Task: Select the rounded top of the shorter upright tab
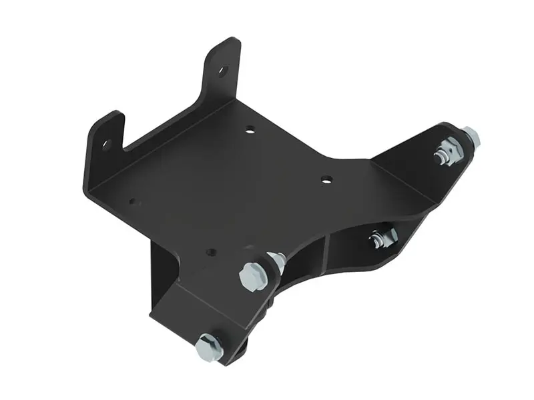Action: tap(110, 118)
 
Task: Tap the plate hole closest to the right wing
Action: tap(326, 179)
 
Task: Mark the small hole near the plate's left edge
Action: tap(133, 201)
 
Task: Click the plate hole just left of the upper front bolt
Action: tap(211, 252)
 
